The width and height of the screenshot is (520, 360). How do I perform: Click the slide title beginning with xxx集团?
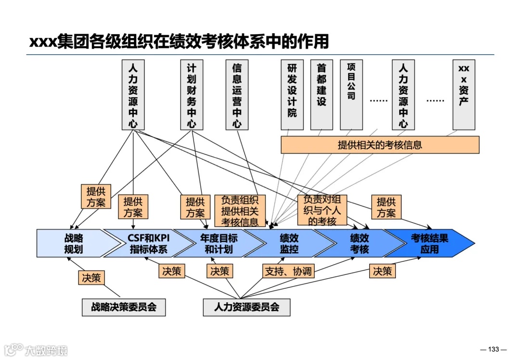click(179, 41)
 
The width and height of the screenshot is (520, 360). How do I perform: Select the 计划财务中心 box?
click(192, 95)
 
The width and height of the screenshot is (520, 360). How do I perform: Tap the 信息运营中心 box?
click(237, 95)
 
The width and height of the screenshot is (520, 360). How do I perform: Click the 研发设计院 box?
click(292, 95)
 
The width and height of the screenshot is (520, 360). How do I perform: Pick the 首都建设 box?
click(321, 95)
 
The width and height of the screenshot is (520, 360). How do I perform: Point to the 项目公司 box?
click(351, 95)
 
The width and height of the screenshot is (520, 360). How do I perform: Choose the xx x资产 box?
click(464, 95)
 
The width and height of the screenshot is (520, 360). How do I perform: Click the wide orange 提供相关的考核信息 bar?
click(379, 145)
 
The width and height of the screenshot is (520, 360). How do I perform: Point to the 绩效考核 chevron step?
click(359, 244)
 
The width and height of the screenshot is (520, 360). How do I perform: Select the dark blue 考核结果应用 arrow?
click(429, 244)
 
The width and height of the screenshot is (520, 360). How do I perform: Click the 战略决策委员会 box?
click(124, 307)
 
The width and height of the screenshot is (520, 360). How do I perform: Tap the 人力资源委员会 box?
click(247, 307)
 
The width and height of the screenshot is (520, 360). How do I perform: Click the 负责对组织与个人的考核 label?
click(322, 210)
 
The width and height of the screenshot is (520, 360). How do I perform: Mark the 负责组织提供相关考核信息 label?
click(240, 210)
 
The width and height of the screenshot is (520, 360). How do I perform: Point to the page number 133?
click(494, 349)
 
